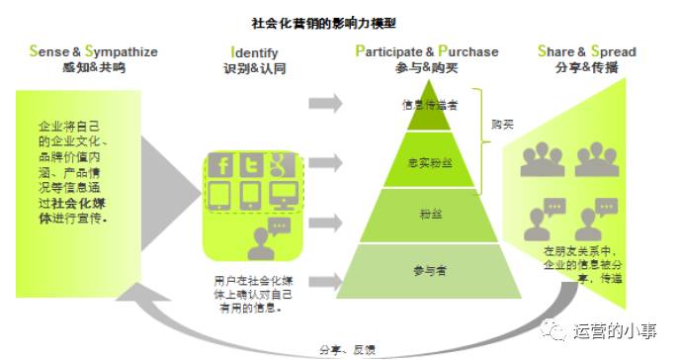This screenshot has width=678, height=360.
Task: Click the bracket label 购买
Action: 503,126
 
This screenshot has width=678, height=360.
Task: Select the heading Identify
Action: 254,51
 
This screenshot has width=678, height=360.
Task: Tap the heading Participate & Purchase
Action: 427,51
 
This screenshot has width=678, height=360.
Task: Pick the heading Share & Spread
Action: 586,51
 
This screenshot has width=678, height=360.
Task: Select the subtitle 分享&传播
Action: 586,69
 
